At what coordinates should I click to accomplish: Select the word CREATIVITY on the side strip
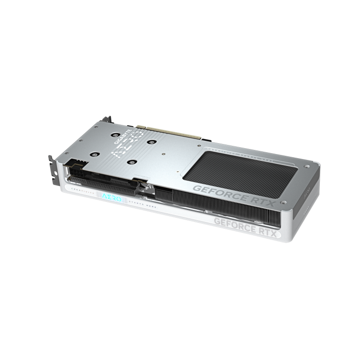[82, 190]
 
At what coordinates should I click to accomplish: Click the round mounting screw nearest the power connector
[95, 154]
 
